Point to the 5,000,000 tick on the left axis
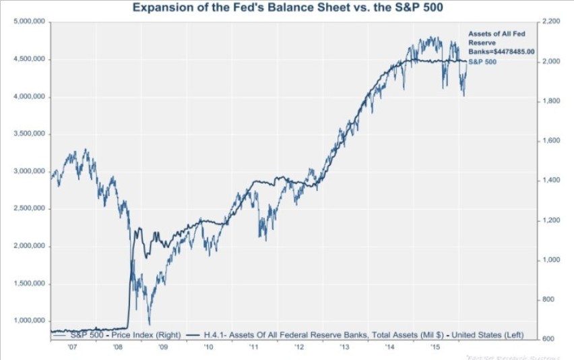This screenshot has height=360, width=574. point(29,22)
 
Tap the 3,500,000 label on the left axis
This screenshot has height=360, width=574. point(29,134)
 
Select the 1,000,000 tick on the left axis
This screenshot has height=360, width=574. point(29,321)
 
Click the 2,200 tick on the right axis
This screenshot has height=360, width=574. point(550,22)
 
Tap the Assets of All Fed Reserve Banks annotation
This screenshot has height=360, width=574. point(491,42)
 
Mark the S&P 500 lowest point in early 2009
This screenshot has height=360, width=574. point(150,324)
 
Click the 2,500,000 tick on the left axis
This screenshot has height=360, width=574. point(29,209)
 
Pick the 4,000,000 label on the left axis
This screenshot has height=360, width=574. point(29,97)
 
